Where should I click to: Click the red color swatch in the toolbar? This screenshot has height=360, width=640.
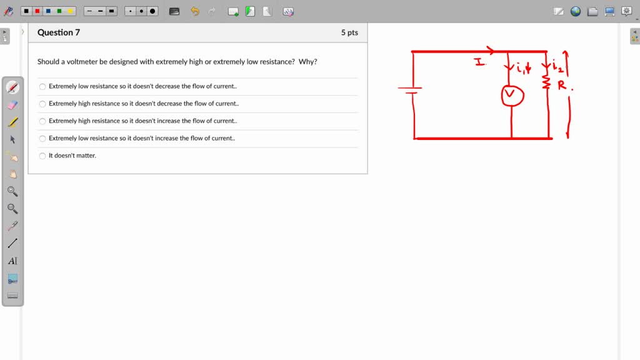(x=37, y=11)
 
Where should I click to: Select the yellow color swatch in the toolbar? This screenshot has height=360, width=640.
(x=70, y=11)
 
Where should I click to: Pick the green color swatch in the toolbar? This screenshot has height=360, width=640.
(x=59, y=11)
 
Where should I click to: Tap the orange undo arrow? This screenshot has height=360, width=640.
(x=195, y=11)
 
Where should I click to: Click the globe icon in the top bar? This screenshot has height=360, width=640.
(x=576, y=11)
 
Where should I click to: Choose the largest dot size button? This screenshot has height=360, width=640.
(x=152, y=11)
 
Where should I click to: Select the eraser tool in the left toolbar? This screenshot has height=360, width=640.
(x=12, y=105)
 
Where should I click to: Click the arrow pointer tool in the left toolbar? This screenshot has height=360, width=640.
(x=12, y=139)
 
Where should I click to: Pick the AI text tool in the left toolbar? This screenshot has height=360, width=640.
(x=12, y=261)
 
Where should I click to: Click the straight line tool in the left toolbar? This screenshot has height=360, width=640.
(x=12, y=243)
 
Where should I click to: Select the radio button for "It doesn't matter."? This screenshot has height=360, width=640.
(x=42, y=156)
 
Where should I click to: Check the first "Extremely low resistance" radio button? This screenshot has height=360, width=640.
(x=42, y=86)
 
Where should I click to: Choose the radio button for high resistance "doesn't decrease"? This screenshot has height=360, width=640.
(x=42, y=104)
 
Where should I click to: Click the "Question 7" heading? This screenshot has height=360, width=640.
(x=59, y=32)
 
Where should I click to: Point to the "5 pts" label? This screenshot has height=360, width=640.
(x=349, y=32)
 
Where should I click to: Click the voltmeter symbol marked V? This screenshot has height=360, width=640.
(x=512, y=95)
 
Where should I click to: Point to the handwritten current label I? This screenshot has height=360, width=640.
(x=479, y=62)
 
